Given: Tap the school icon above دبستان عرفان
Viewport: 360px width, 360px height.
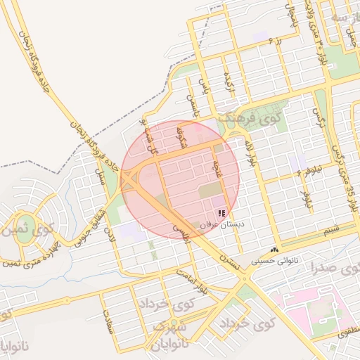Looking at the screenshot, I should (x=221, y=212).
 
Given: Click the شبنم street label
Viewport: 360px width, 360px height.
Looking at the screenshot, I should (x=326, y=229).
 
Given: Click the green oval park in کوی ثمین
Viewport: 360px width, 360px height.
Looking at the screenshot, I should (x=25, y=234).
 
